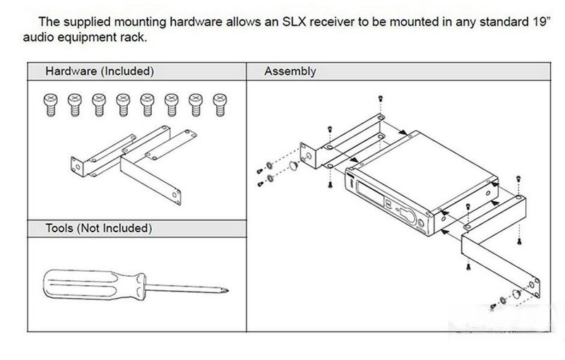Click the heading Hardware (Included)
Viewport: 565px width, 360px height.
coord(100,71)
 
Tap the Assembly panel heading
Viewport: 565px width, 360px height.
coord(290,71)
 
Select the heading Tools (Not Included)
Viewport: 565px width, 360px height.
coord(98,229)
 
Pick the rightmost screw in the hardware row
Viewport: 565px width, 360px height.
coord(218,104)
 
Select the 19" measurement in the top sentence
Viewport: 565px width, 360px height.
coord(536,22)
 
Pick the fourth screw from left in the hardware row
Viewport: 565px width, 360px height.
coord(122,104)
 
